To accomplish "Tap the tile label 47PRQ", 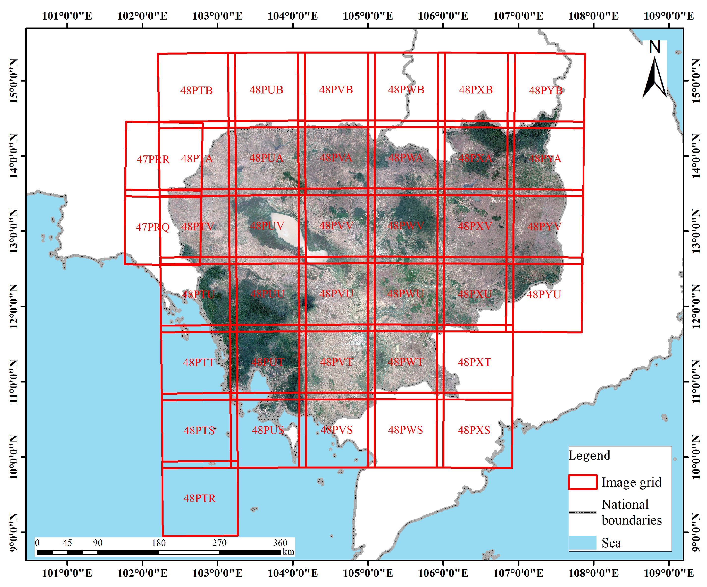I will pos(152,227).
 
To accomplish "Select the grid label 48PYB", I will pos(545,90).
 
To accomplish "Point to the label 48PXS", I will pos(474,430).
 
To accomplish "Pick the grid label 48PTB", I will pos(196,90).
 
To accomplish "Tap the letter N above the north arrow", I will pos(654,47).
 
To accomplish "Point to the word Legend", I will pos(589,455).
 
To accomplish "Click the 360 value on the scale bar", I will pos(280,543).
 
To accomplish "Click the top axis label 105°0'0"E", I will pos(368,16).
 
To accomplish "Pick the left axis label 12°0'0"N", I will pos(13,306).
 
